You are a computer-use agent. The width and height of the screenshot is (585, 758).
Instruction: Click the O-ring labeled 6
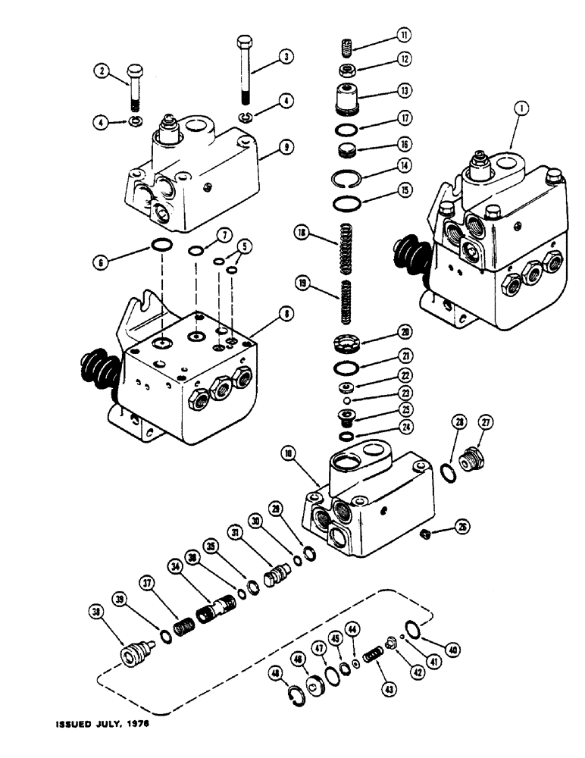coord(161,246)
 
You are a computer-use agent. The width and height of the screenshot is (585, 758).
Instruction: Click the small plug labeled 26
coord(426,535)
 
